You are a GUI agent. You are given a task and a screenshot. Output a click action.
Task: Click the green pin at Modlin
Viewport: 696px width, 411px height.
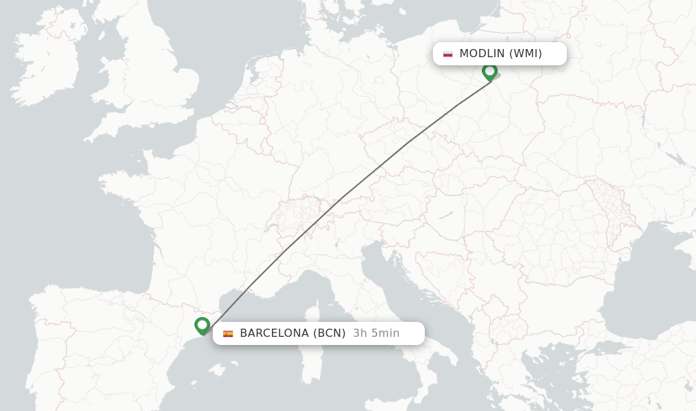coord(489,71)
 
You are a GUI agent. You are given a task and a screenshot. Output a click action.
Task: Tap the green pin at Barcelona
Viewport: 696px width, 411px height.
coord(202,325)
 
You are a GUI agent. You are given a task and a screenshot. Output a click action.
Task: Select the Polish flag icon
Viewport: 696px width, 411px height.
coord(448,54)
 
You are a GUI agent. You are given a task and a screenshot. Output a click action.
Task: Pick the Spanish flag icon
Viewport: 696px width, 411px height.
coord(228,333)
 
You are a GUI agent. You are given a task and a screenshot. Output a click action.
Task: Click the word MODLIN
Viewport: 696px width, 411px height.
coord(482,54)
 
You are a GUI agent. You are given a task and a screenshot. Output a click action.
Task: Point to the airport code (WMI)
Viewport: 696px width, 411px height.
coord(525,54)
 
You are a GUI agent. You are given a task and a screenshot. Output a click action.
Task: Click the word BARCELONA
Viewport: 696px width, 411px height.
coord(274,333)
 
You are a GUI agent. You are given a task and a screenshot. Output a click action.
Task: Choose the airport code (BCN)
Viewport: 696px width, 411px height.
coord(329,333)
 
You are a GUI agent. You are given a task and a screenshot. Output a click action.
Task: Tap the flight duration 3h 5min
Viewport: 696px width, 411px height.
coord(376,333)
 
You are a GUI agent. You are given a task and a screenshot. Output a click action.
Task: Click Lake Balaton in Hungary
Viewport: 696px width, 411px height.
coord(446,215)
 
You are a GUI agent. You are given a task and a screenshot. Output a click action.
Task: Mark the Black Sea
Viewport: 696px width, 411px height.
coord(652,286)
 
